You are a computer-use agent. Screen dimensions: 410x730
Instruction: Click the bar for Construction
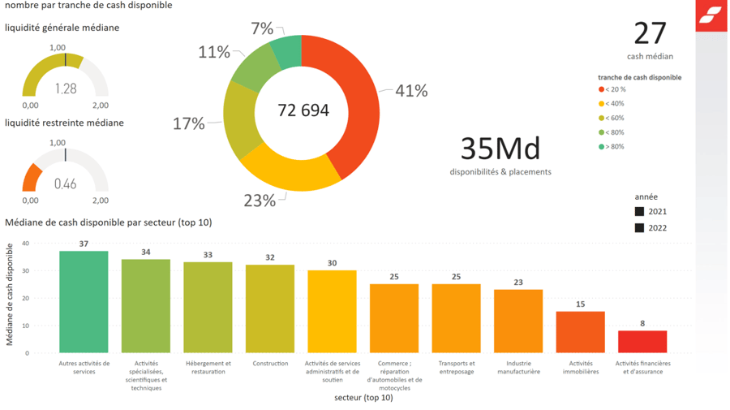pos(270,309)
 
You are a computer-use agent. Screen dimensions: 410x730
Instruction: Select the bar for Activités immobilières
pos(581,332)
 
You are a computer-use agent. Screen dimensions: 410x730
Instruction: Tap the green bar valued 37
pos(84,301)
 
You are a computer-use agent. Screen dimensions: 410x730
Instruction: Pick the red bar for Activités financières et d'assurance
pos(642,341)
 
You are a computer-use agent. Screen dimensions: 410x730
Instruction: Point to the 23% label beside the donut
pos(260,201)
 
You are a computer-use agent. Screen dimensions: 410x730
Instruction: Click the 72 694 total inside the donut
pos(303,110)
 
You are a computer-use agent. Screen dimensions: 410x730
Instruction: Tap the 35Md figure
pos(500,149)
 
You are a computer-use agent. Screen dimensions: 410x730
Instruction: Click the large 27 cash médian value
pos(650,33)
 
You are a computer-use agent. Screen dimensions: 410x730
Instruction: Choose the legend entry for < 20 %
pos(612,89)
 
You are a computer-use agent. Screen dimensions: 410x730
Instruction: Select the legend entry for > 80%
pos(612,147)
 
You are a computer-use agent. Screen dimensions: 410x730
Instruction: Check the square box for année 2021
pos(639,212)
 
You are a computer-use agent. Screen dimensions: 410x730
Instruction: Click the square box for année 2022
pos(639,228)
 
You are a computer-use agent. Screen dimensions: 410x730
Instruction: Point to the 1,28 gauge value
pos(66,88)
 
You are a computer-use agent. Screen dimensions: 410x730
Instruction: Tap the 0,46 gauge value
pos(66,184)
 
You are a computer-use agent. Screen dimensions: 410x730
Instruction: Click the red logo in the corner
pos(711,15)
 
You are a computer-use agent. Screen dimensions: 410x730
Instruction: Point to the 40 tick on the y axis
pos(25,244)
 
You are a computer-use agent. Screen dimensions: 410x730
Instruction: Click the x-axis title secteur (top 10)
pos(363,398)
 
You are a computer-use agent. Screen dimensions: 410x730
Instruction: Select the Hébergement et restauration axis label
pos(208,367)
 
